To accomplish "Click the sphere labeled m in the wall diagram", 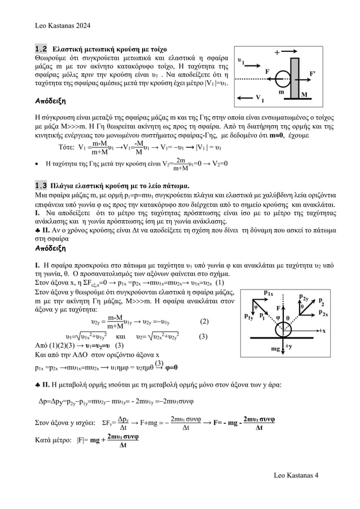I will pos(283,74).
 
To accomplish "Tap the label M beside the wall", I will pos(304,95).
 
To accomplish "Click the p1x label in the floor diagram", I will pos(270,292).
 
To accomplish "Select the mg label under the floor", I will pos(276,349).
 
